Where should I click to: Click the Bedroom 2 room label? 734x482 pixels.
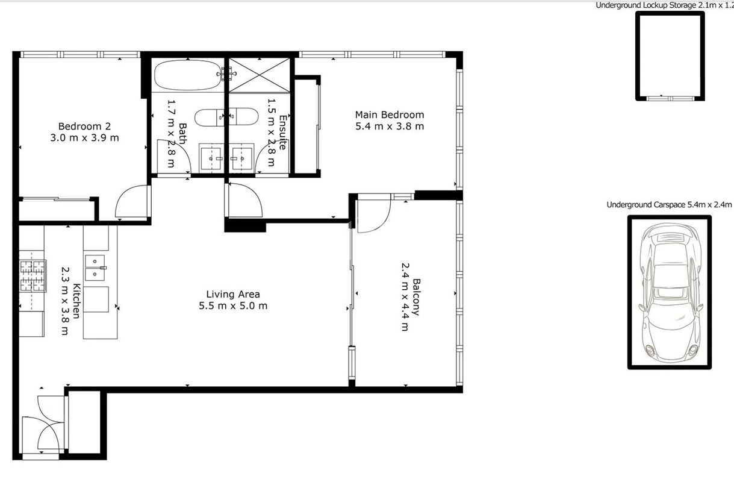[x=84, y=127]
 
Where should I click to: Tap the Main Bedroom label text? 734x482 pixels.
[x=390, y=114]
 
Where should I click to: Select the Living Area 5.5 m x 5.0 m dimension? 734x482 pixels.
[x=233, y=306]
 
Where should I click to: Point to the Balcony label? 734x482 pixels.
[x=417, y=297]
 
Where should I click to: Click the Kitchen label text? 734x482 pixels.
[x=76, y=301]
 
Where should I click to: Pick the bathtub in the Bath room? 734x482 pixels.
[x=188, y=75]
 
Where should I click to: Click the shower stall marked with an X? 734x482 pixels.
[x=259, y=75]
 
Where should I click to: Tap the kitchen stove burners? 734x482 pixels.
[x=33, y=276]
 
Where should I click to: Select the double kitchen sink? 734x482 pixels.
[x=95, y=268]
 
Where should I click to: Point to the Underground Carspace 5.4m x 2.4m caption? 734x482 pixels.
[x=669, y=205]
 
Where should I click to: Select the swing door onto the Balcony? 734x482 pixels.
[x=374, y=213]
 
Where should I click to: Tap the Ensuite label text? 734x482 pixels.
[x=283, y=132]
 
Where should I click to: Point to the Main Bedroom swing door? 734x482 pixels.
[x=244, y=200]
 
